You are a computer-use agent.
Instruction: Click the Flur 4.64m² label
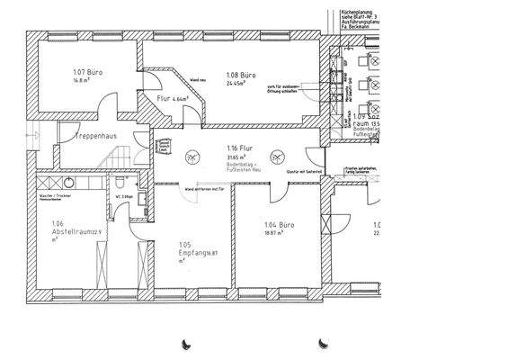coord(171,98)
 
